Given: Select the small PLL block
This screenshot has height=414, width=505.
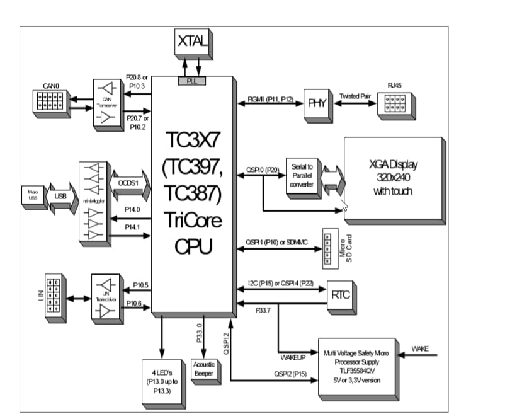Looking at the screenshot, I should (193, 81).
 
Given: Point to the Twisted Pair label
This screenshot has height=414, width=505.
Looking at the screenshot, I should (355, 96).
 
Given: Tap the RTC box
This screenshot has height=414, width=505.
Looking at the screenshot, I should (340, 294).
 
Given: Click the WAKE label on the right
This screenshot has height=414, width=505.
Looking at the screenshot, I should (420, 348).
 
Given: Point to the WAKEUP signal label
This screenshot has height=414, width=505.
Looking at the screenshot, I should (293, 357).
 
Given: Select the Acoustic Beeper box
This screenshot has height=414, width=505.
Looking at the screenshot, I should (204, 369).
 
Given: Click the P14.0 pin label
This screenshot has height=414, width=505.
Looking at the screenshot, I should (132, 209).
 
